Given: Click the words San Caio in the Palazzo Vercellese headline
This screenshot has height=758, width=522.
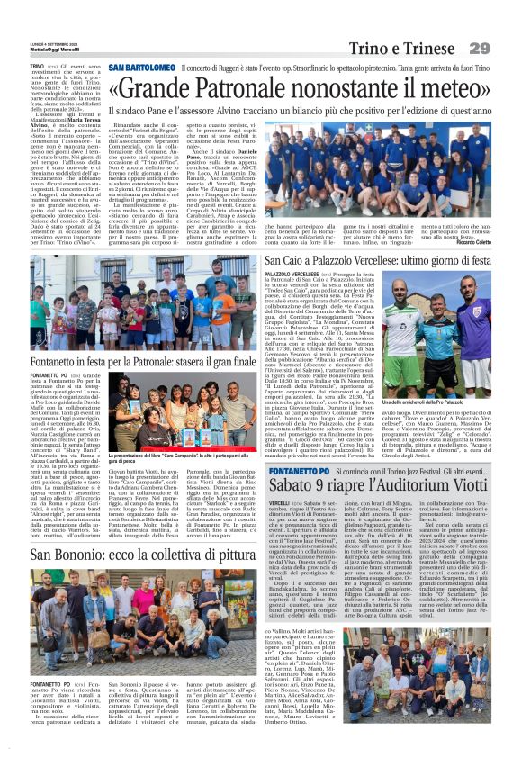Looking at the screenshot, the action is click(302, 259).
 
